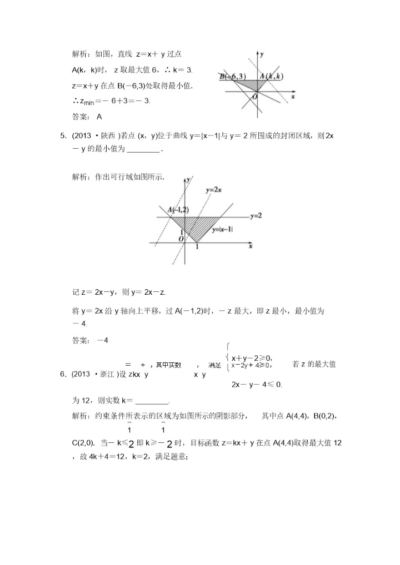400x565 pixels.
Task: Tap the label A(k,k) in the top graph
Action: (x=272, y=76)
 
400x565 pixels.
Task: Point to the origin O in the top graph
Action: (x=254, y=97)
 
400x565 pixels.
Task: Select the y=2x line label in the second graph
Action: (x=213, y=190)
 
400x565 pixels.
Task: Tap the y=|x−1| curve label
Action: (x=222, y=229)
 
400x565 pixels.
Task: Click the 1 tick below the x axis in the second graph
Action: (x=197, y=246)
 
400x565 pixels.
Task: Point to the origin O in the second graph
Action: (x=181, y=239)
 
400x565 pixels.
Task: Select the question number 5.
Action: (x=63, y=135)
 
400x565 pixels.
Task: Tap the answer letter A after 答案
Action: (x=99, y=117)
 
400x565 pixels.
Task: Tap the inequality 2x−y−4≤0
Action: (x=257, y=384)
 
